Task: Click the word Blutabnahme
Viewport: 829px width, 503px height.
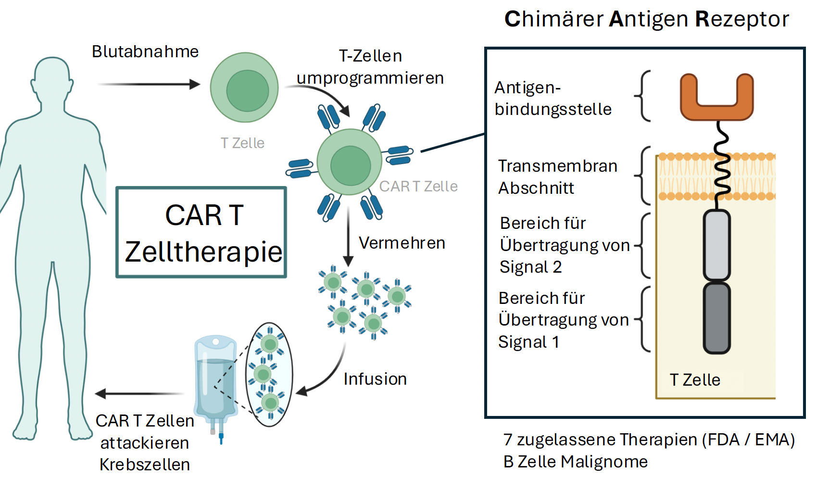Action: (145, 51)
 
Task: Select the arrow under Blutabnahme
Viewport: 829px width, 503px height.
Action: (149, 85)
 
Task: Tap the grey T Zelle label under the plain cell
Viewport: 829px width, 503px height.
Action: (242, 143)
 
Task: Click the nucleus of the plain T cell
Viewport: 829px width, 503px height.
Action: (247, 90)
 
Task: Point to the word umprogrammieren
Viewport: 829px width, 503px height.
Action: (370, 78)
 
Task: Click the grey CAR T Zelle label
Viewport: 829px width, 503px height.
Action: (418, 186)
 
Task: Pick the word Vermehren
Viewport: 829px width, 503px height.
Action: (402, 243)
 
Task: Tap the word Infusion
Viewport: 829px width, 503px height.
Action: (375, 379)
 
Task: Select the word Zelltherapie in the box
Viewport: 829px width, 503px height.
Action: (203, 251)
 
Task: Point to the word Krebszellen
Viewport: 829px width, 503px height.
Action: (145, 465)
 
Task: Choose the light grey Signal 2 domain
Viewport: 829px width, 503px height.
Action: (716, 245)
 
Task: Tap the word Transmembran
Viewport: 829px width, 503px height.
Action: (557, 166)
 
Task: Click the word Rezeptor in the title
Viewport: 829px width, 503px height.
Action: (742, 19)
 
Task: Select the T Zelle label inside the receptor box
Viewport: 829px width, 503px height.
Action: (695, 380)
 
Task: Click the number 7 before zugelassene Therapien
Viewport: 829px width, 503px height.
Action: (508, 440)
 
